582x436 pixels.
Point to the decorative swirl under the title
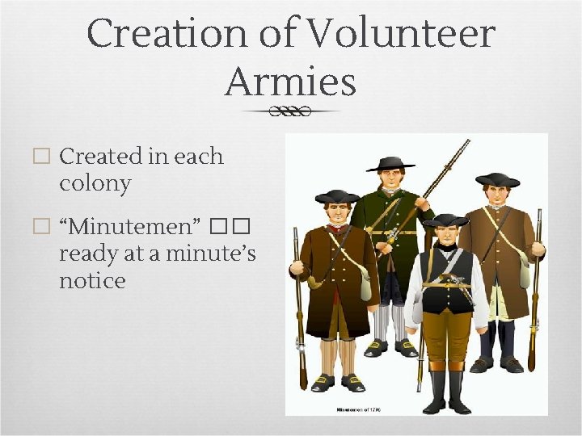[290, 111]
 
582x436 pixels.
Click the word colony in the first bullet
[95, 183]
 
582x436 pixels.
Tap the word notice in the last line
[92, 280]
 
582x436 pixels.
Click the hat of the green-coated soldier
[390, 164]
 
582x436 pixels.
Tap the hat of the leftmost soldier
[337, 196]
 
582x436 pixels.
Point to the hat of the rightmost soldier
[497, 179]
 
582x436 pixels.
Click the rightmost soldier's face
[496, 195]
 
